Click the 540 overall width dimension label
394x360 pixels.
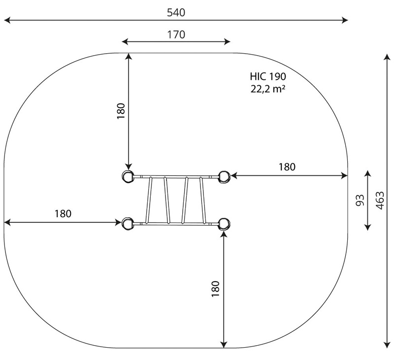176,12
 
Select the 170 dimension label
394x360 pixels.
176,34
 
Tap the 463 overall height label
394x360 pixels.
380,200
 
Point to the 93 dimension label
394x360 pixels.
360,200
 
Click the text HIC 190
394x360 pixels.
268,76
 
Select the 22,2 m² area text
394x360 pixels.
268,89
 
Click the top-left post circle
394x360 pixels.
128,176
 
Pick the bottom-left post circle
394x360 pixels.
128,223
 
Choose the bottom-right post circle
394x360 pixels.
224,223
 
